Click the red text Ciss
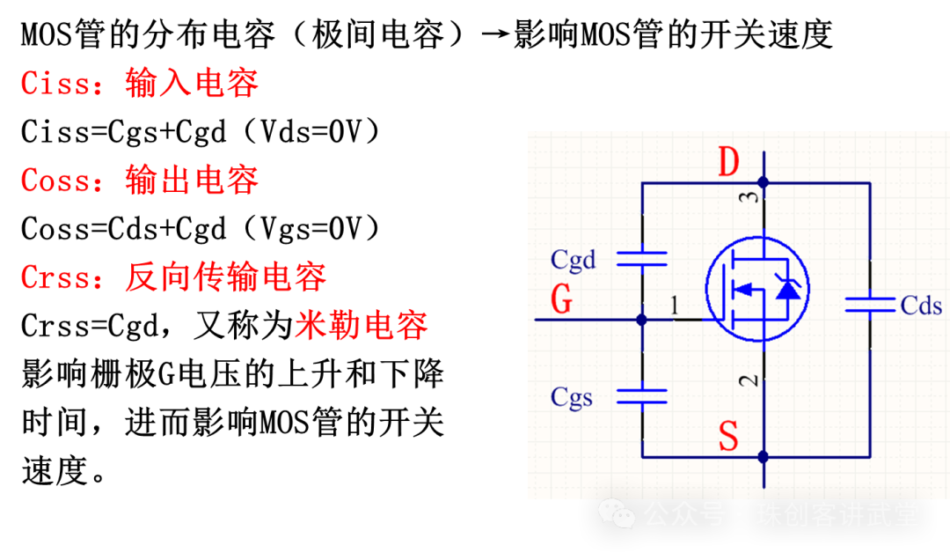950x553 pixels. pyautogui.click(x=55, y=84)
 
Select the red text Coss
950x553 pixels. pyautogui.click(x=55, y=181)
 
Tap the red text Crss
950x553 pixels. pyautogui.click(x=55, y=277)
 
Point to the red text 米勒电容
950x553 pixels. pyautogui.click(x=361, y=326)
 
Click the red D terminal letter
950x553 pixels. pyautogui.click(x=728, y=162)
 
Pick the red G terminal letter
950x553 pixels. pyautogui.click(x=561, y=300)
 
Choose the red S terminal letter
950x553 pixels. pyautogui.click(x=728, y=436)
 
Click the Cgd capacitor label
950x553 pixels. pyautogui.click(x=573, y=260)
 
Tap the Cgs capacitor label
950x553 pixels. pyautogui.click(x=572, y=397)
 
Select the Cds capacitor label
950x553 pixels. pyautogui.click(x=921, y=306)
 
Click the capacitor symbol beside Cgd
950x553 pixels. pyautogui.click(x=641, y=258)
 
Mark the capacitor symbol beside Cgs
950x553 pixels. pyautogui.click(x=641, y=395)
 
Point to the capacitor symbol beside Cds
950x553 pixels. pyautogui.click(x=871, y=305)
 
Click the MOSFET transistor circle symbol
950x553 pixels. pyautogui.click(x=757, y=289)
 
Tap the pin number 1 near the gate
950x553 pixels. pyautogui.click(x=675, y=306)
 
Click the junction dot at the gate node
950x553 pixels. pyautogui.click(x=641, y=320)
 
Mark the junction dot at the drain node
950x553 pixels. pyautogui.click(x=764, y=182)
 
